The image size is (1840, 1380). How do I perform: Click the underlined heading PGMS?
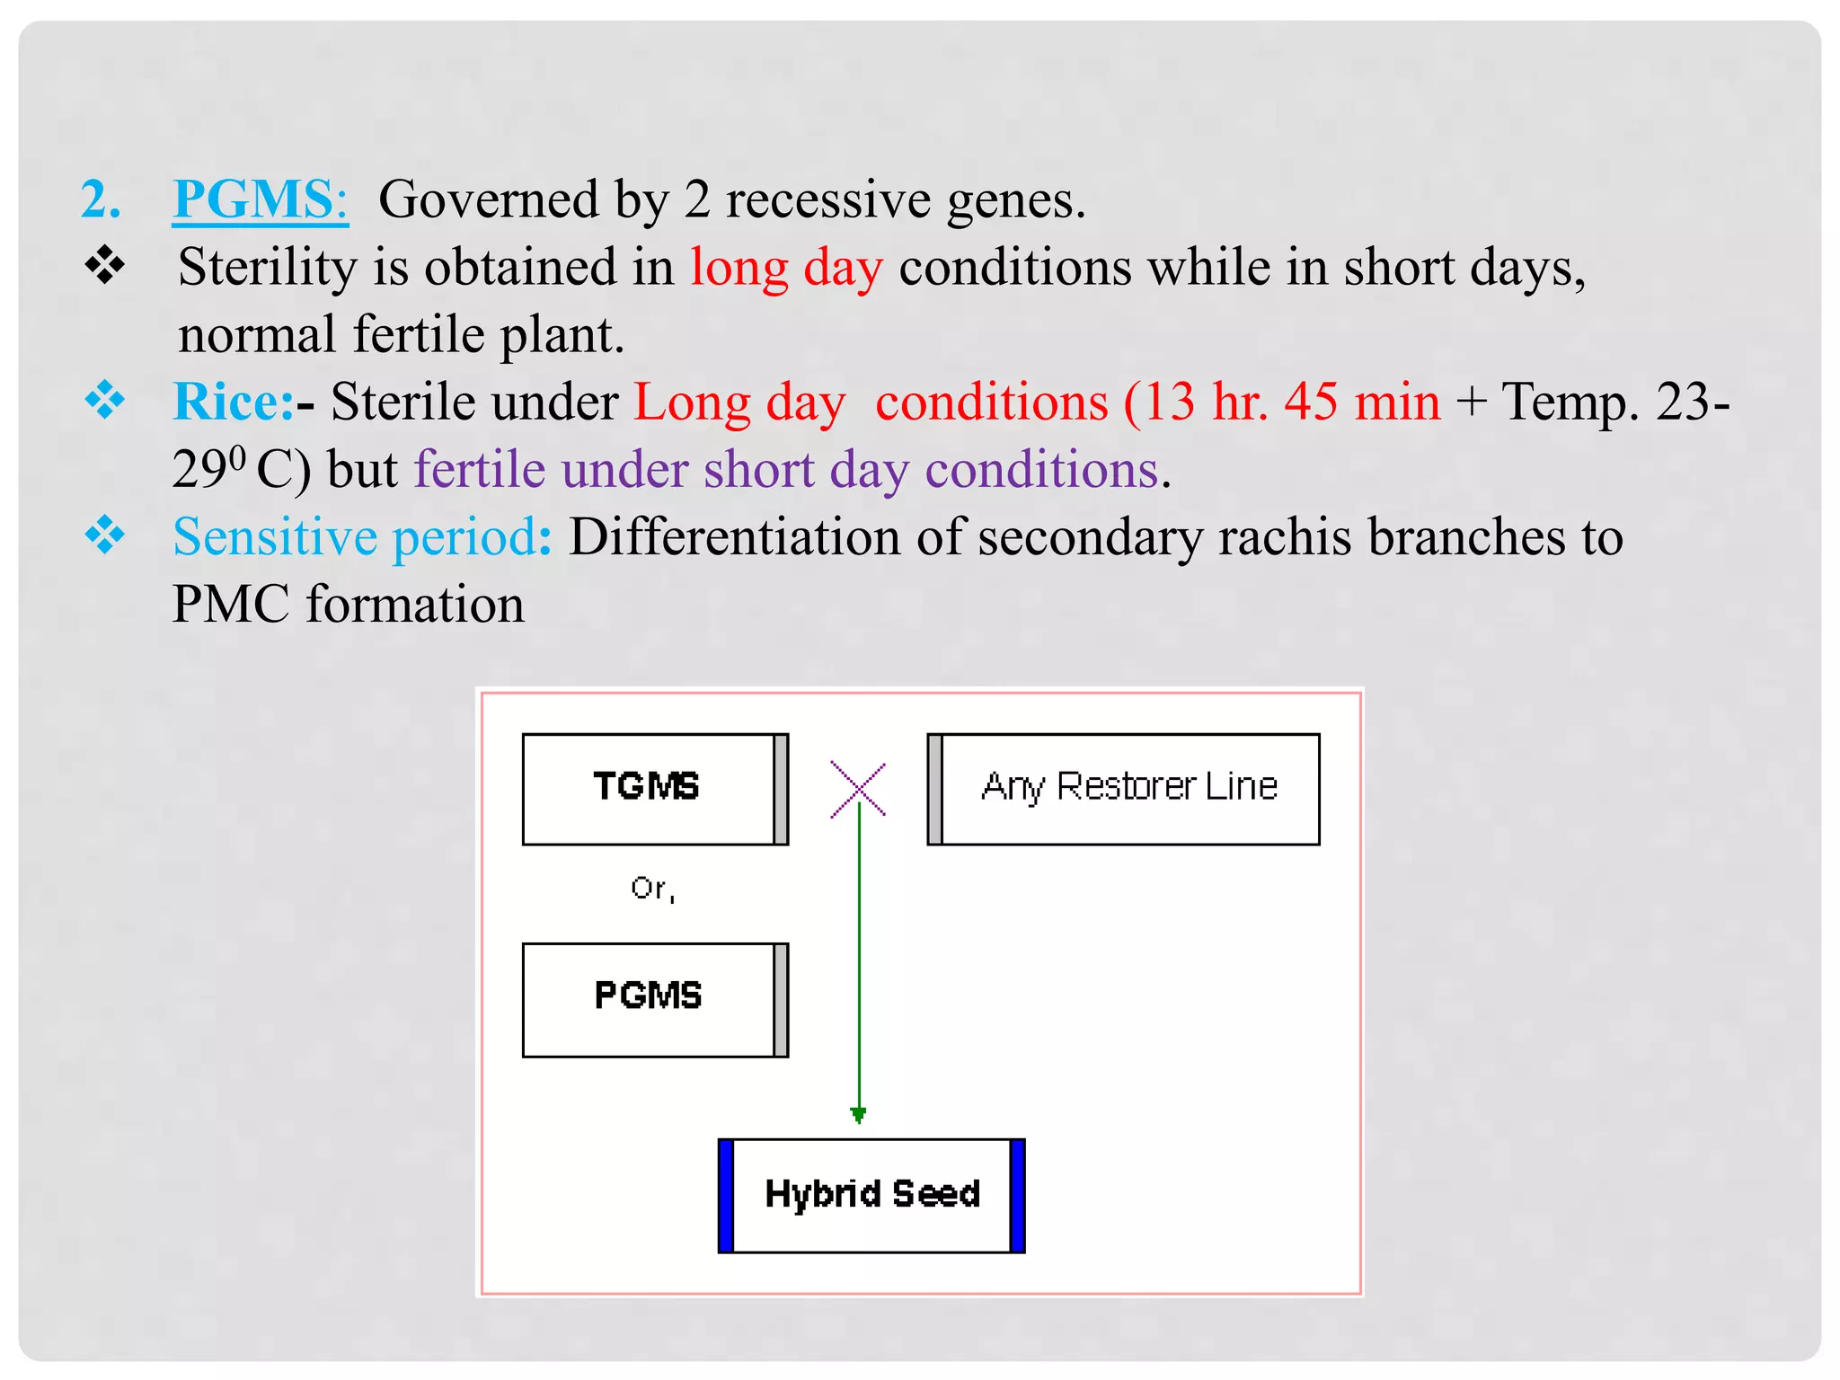coord(260,199)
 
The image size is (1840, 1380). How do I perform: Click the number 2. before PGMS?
coord(101,199)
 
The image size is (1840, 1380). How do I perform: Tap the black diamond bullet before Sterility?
coord(105,266)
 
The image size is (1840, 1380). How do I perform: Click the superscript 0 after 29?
coord(236,457)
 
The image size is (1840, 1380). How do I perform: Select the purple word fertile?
coord(479,469)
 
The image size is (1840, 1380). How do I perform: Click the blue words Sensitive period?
coord(362,536)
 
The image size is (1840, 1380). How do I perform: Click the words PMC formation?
coord(348,604)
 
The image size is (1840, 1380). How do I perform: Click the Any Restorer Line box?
coord(1123,789)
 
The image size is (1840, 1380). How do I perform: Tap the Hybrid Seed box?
coord(871,1195)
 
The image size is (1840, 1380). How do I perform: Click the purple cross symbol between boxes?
coord(858,790)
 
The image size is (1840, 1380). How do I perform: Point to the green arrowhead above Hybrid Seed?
coord(858,1115)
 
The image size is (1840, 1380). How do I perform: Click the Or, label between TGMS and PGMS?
coord(652,889)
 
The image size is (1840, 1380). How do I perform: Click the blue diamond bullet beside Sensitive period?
coord(105,535)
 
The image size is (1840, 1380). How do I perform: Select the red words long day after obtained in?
coord(786,267)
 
